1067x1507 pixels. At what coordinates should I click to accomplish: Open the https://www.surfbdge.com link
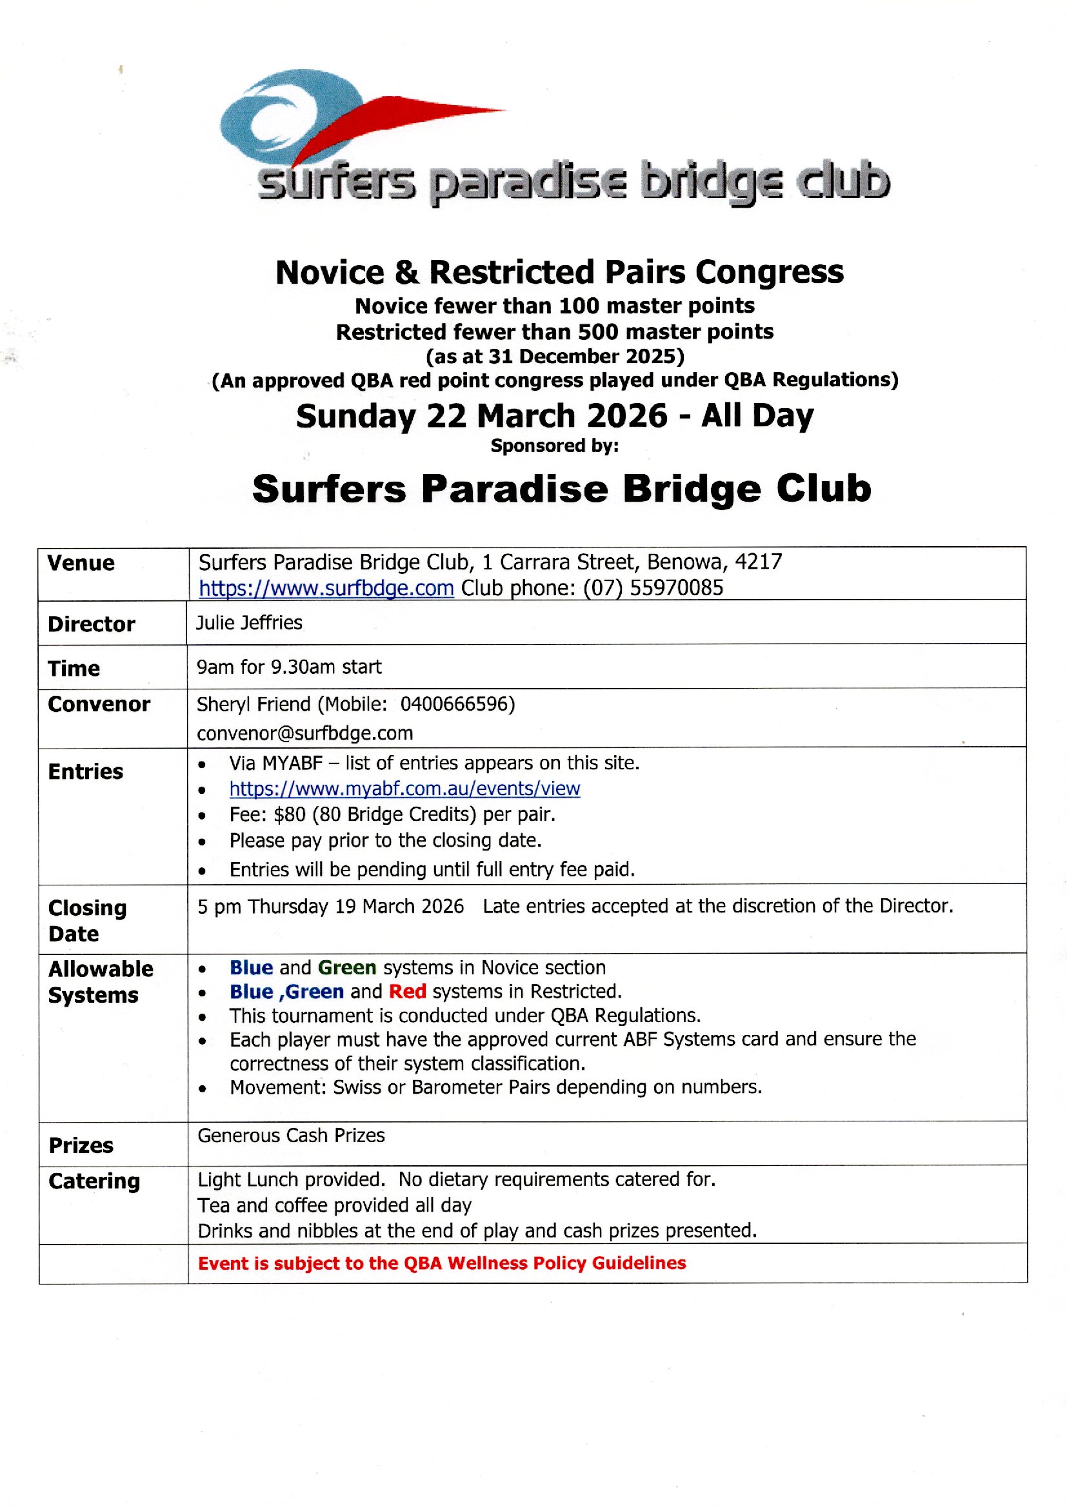click(x=326, y=587)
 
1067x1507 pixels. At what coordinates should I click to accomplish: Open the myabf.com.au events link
click(x=404, y=788)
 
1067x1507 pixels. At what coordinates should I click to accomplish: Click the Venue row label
click(x=81, y=564)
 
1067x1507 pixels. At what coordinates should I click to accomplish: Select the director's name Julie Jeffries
click(x=249, y=622)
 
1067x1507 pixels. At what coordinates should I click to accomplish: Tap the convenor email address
click(x=305, y=733)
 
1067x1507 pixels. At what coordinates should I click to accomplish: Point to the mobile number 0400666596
click(x=457, y=704)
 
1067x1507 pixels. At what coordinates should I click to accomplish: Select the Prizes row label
click(x=81, y=1145)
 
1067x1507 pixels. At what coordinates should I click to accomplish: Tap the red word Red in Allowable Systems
click(x=407, y=992)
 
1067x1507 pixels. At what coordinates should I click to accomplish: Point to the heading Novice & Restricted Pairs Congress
click(x=559, y=272)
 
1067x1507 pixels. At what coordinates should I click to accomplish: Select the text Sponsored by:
click(x=555, y=446)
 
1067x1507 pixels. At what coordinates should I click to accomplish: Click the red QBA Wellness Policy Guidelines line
click(x=441, y=1263)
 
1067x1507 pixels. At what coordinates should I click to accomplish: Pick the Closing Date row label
click(x=86, y=921)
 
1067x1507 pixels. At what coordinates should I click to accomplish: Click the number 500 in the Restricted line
click(x=597, y=331)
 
